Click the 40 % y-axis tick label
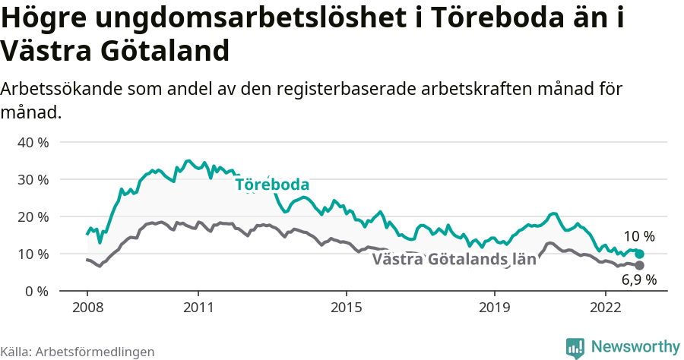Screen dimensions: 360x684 pos(32,142)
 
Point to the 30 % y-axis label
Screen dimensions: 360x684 pos(32,179)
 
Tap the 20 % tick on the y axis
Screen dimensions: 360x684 pos(32,216)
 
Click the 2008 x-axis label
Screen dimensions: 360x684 pos(87,308)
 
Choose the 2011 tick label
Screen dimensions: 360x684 pos(198,308)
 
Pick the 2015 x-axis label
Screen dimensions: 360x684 pos(346,308)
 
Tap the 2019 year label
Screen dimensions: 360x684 pos(494,308)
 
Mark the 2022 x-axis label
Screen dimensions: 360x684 pos(605,308)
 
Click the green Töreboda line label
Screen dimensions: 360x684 pos(272,185)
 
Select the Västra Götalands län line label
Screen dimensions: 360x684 pos(454,260)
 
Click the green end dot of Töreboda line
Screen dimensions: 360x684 pos(640,254)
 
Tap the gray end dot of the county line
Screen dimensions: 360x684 pos(640,265)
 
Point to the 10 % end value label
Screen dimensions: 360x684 pos(639,236)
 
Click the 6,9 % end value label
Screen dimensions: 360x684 pos(639,279)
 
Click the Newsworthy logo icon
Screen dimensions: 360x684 pos(575,348)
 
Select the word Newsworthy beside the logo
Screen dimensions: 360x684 pos(635,346)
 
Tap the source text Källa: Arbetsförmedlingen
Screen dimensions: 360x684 pos(78,352)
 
